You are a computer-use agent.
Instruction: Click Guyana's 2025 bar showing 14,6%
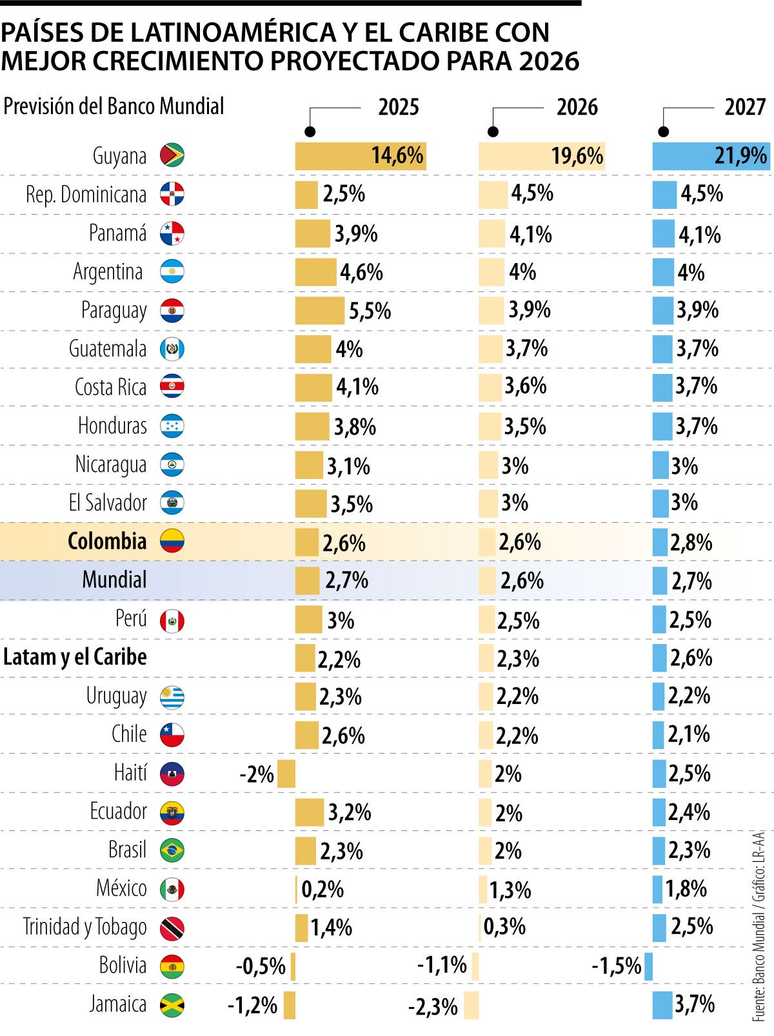(360, 156)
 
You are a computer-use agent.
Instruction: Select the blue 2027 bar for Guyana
(711, 156)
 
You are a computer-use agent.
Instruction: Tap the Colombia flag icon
(172, 541)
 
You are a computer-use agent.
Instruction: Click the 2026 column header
(577, 107)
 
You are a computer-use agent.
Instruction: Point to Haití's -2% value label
(257, 774)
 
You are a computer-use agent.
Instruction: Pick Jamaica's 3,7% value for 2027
(695, 1004)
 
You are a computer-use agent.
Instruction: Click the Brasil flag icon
(172, 850)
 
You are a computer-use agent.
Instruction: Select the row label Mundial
(114, 580)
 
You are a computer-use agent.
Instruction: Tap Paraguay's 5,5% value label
(370, 311)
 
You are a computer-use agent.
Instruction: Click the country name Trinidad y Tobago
(85, 927)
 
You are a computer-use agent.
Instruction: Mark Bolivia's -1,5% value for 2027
(616, 966)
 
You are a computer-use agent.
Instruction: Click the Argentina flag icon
(172, 271)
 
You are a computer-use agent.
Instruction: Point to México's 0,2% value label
(322, 890)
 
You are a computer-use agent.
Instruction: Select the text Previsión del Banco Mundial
(114, 106)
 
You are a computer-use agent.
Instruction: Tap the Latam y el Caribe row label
(75, 657)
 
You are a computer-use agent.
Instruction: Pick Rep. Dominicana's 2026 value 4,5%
(532, 193)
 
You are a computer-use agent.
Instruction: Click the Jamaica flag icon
(172, 1004)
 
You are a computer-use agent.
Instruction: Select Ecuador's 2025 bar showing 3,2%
(310, 812)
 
